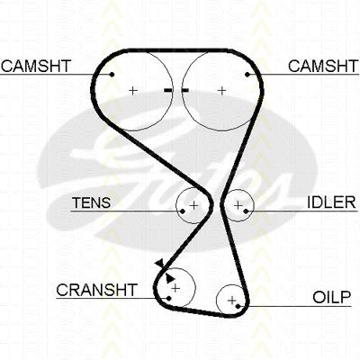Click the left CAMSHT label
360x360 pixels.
[x=36, y=67]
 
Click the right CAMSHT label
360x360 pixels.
[x=323, y=67]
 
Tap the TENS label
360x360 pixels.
[x=92, y=203]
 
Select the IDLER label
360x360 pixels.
[x=331, y=202]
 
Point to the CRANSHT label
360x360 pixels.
[x=96, y=290]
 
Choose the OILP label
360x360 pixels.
[x=331, y=297]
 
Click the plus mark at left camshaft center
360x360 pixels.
[x=133, y=90]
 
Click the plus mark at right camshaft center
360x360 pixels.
[x=221, y=90]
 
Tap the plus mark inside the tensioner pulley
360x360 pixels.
[x=194, y=205]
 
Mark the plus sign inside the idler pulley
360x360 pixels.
[x=238, y=205]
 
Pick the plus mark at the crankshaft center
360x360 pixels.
[x=175, y=288]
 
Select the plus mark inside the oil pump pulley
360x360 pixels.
[x=232, y=300]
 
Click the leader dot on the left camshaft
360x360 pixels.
[x=112, y=75]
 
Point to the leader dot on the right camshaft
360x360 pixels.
[x=247, y=75]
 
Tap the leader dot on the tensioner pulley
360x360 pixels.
[x=183, y=211]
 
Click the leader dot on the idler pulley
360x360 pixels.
[x=246, y=211]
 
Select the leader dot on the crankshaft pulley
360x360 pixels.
[x=168, y=298]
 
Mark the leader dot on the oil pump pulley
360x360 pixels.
[x=238, y=306]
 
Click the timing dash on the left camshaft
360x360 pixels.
[x=168, y=90]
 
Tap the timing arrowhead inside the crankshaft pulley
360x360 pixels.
[x=170, y=278]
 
